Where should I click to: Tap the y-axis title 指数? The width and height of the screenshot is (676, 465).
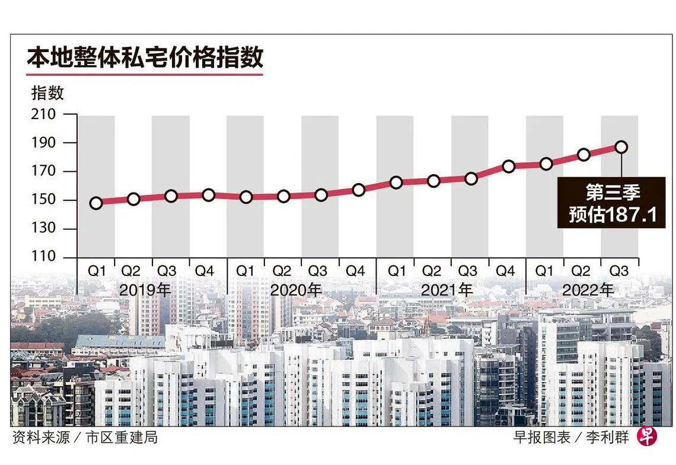[47, 93]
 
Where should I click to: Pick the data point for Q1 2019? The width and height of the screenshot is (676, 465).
[96, 203]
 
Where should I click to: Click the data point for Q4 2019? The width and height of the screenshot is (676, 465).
[208, 195]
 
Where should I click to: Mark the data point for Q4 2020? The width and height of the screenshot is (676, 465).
[358, 190]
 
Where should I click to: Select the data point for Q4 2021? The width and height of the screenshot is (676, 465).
[508, 166]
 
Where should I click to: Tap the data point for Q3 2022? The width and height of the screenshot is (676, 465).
[621, 147]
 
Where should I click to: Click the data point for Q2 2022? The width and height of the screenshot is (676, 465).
[583, 155]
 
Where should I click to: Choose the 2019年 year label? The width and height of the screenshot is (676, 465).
[145, 290]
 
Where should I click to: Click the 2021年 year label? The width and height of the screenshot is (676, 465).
[447, 290]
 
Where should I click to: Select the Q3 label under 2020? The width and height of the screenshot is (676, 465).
[318, 271]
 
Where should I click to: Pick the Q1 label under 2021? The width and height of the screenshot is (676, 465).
[397, 271]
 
